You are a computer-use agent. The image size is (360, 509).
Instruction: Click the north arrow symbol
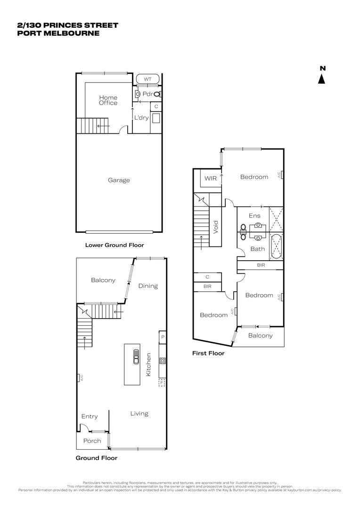(322, 78)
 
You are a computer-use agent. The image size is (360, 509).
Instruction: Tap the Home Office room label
(108, 100)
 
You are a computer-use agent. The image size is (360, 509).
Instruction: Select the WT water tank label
(147, 79)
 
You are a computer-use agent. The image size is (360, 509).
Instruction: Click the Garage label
(119, 180)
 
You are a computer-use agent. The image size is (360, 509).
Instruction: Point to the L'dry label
(141, 118)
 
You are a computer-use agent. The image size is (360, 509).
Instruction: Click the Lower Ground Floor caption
(114, 245)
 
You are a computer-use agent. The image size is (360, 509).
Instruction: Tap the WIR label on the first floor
(210, 179)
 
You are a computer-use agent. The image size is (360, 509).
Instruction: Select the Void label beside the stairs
(216, 227)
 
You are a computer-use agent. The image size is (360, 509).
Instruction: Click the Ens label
(254, 216)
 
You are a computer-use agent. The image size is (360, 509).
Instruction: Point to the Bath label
(257, 249)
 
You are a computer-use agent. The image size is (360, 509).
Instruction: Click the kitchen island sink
(136, 357)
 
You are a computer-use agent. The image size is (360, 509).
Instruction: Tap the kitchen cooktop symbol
(162, 361)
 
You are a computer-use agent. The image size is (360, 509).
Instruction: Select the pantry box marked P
(163, 337)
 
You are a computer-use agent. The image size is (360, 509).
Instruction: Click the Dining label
(148, 286)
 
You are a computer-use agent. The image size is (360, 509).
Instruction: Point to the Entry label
(90, 416)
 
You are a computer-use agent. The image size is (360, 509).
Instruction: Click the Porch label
(92, 441)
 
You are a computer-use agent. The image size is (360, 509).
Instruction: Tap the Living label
(139, 413)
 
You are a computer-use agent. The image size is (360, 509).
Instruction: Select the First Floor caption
(208, 353)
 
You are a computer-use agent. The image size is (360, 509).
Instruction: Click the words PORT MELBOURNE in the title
(58, 33)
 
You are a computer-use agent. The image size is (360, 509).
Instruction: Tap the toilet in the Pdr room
(156, 94)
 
